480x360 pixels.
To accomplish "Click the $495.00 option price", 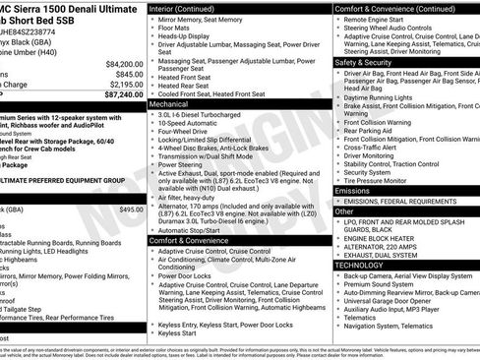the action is [x=131, y=209].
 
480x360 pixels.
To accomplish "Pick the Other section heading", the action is [x=344, y=210].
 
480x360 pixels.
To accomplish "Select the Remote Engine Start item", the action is [x=379, y=20].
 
